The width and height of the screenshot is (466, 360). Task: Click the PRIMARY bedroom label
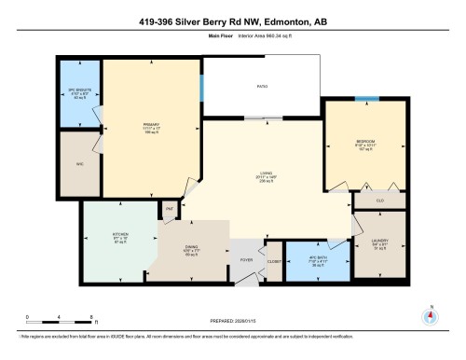[x=150, y=123]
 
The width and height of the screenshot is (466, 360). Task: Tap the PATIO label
[x=263, y=87]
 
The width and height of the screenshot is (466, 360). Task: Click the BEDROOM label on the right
[x=364, y=143]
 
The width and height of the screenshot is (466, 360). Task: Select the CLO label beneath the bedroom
[x=379, y=200]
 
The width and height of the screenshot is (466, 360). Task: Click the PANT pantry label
[x=171, y=211]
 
